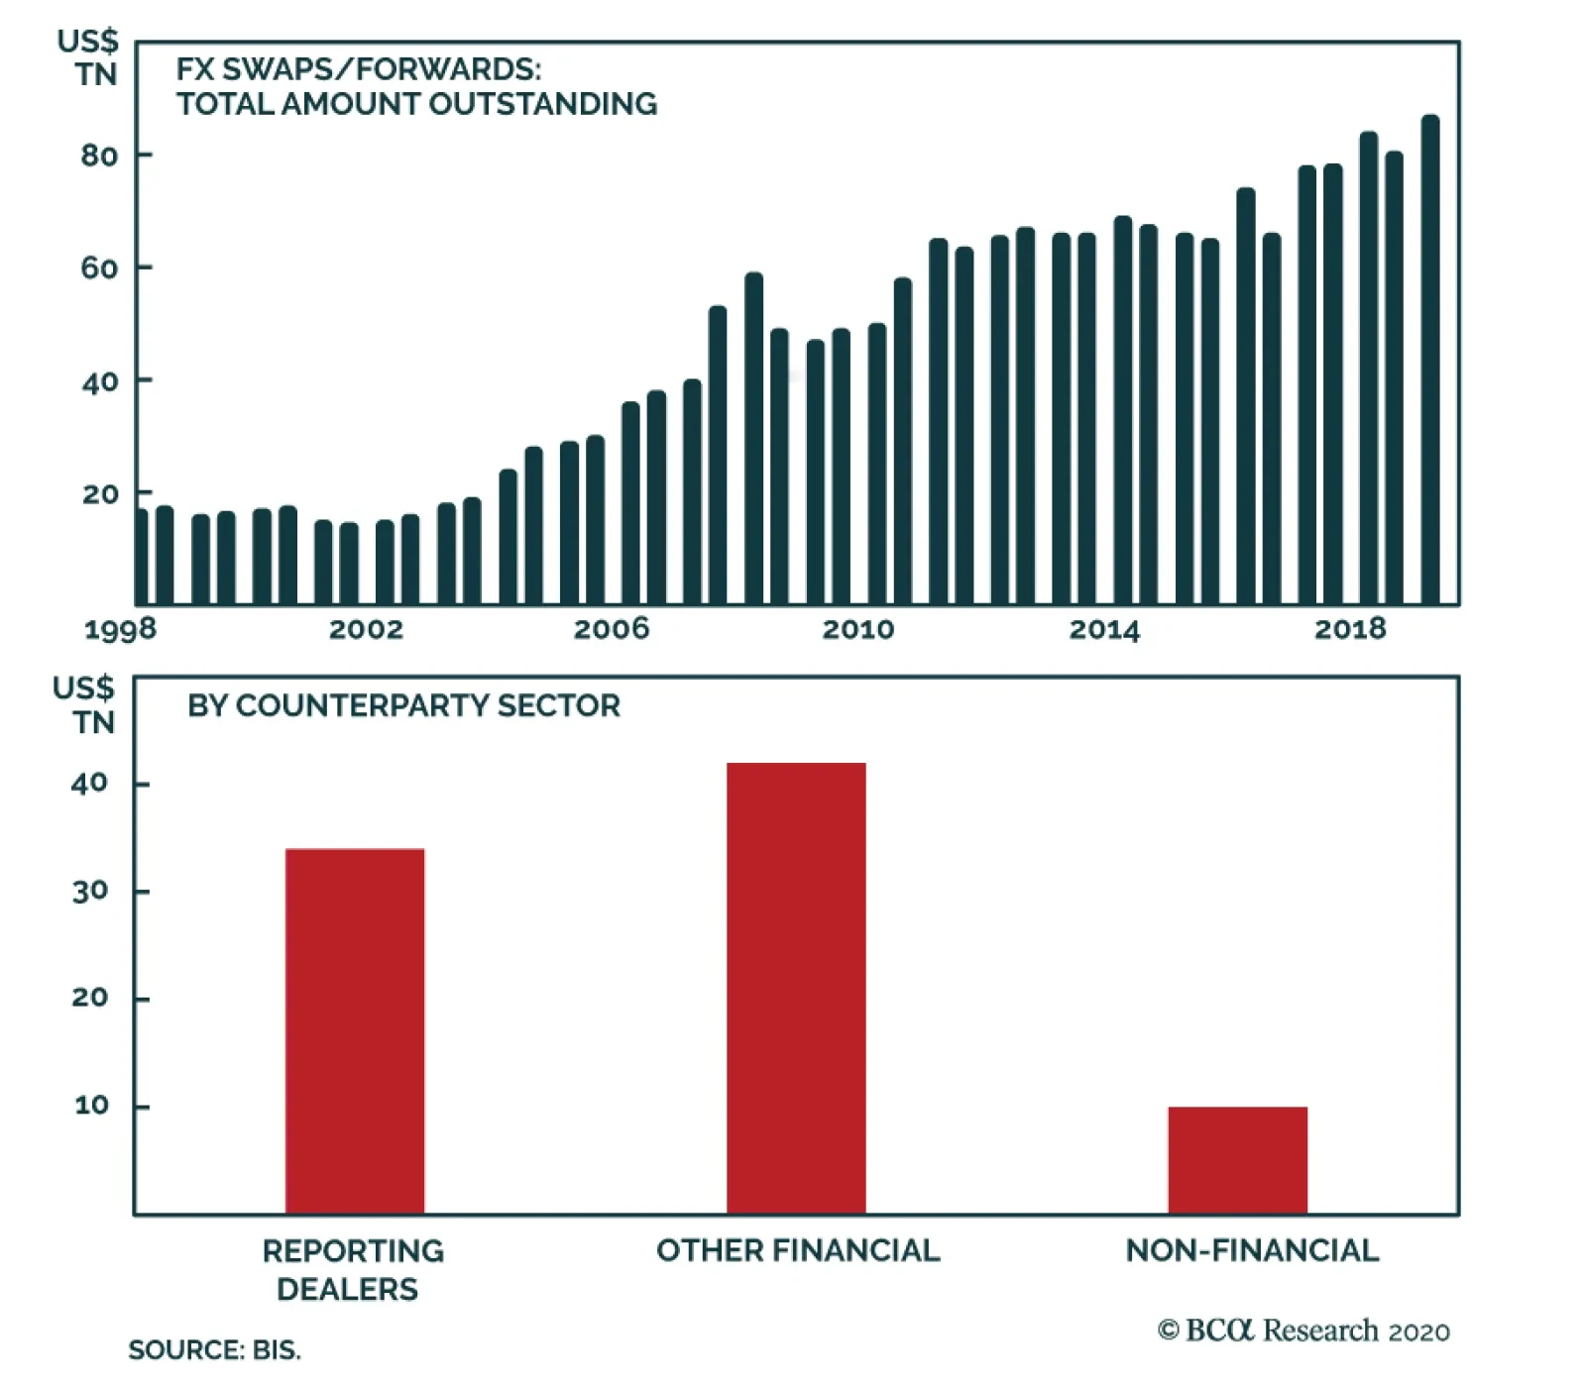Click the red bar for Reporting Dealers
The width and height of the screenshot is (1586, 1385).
pyautogui.click(x=354, y=1030)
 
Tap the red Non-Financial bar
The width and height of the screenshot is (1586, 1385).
pyautogui.click(x=1237, y=1159)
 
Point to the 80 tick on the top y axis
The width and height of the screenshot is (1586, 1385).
pyautogui.click(x=99, y=156)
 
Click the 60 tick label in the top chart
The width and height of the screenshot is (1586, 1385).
pyautogui.click(x=99, y=268)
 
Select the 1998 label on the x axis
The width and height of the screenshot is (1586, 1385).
pyautogui.click(x=120, y=629)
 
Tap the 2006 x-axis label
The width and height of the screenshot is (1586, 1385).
pyautogui.click(x=612, y=629)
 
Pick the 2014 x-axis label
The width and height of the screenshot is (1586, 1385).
pyautogui.click(x=1104, y=629)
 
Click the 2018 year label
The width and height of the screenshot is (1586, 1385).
pyautogui.click(x=1350, y=629)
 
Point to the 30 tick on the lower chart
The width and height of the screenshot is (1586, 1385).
pyautogui.click(x=89, y=892)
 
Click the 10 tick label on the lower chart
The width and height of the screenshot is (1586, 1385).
pyautogui.click(x=91, y=1106)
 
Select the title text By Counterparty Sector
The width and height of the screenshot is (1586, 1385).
pyautogui.click(x=403, y=705)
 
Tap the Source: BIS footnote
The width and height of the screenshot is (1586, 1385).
pyautogui.click(x=214, y=1350)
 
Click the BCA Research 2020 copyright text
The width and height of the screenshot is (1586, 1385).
pyautogui.click(x=1303, y=1331)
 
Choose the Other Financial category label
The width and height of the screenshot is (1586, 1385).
pyautogui.click(x=798, y=1250)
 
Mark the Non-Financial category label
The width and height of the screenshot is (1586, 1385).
pyautogui.click(x=1252, y=1250)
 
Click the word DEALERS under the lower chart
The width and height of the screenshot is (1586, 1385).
pyautogui.click(x=347, y=1289)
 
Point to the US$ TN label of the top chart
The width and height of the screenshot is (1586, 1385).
pyautogui.click(x=89, y=57)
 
